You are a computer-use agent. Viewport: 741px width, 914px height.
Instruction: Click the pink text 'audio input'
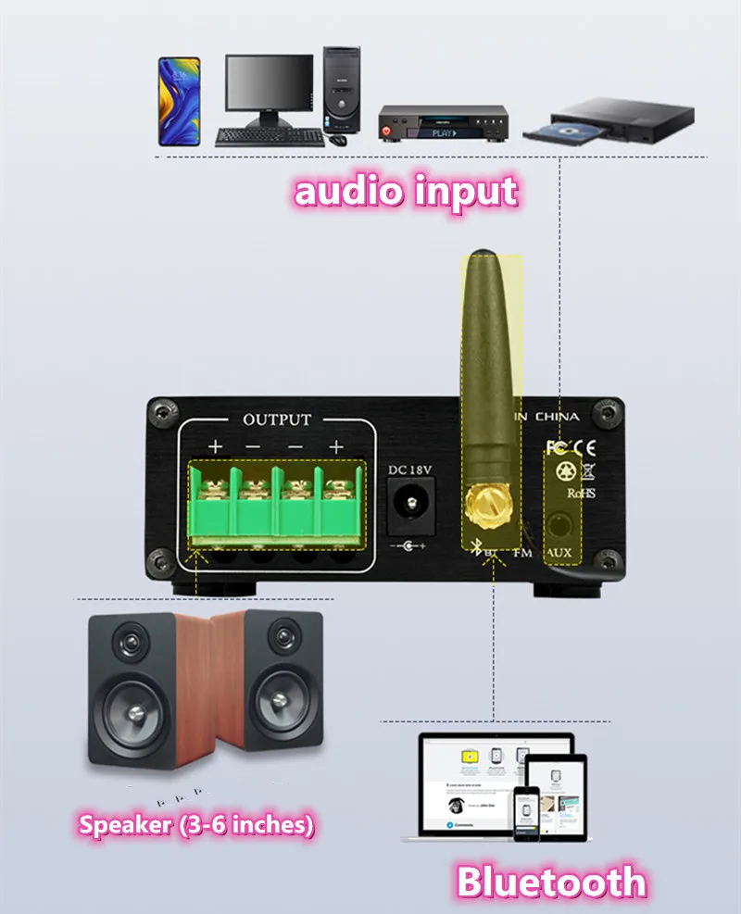[406, 192]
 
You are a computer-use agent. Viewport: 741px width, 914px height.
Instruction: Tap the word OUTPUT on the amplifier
[277, 419]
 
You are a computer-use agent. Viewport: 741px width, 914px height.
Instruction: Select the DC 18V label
[409, 470]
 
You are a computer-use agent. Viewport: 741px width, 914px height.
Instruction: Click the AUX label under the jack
[560, 554]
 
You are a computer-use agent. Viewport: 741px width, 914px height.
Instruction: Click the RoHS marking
[581, 493]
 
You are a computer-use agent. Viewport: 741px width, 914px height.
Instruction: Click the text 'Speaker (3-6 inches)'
[195, 824]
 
